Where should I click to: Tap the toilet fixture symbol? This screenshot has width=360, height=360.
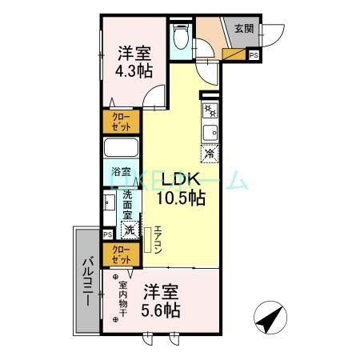(x=180, y=38)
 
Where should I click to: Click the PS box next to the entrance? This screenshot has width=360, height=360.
(x=254, y=55)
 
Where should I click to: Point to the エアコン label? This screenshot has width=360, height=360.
(x=158, y=239)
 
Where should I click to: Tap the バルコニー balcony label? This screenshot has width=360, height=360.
(x=86, y=282)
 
